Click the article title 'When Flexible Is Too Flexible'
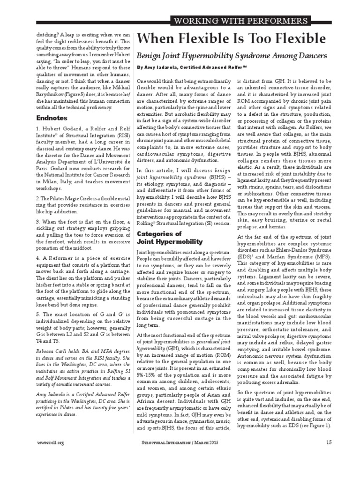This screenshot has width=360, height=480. click(232, 38)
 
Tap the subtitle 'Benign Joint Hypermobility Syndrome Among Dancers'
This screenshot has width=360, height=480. click(231, 56)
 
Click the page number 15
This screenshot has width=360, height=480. click(329, 442)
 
